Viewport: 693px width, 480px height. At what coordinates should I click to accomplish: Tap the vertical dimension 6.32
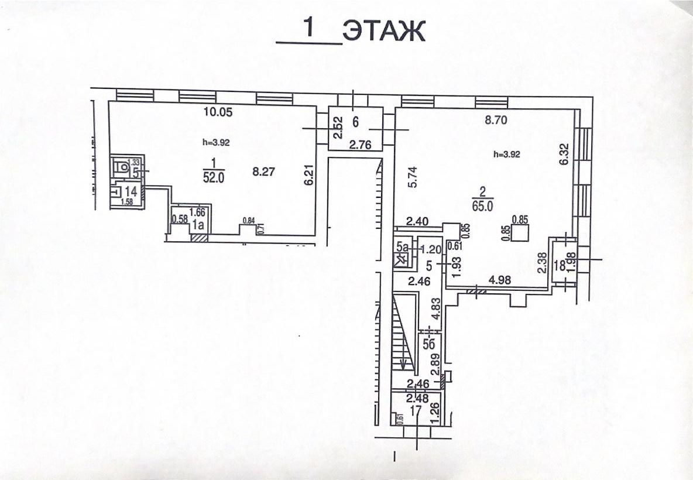[x=564, y=155]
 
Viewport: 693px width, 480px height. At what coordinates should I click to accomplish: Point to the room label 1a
[x=199, y=224]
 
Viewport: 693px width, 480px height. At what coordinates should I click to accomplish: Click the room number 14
[x=131, y=191]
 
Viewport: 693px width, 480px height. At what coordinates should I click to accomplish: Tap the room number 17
[x=416, y=410]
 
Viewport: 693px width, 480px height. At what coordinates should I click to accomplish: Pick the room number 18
[x=560, y=265]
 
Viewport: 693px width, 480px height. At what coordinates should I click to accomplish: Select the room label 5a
[x=402, y=247]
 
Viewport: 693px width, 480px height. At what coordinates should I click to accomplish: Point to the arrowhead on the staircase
[x=403, y=365]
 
